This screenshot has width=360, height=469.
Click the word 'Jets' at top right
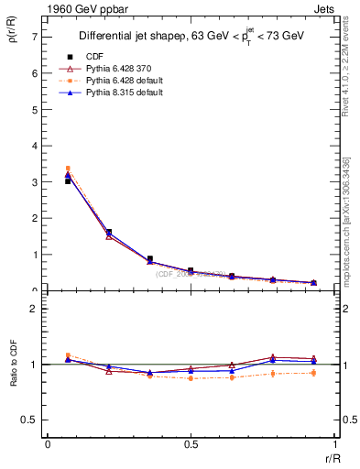click(x=326, y=8)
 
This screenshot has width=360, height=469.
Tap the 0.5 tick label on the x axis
click(x=191, y=443)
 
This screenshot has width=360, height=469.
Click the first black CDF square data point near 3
click(x=68, y=181)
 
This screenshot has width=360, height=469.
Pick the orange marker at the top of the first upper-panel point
click(x=68, y=169)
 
